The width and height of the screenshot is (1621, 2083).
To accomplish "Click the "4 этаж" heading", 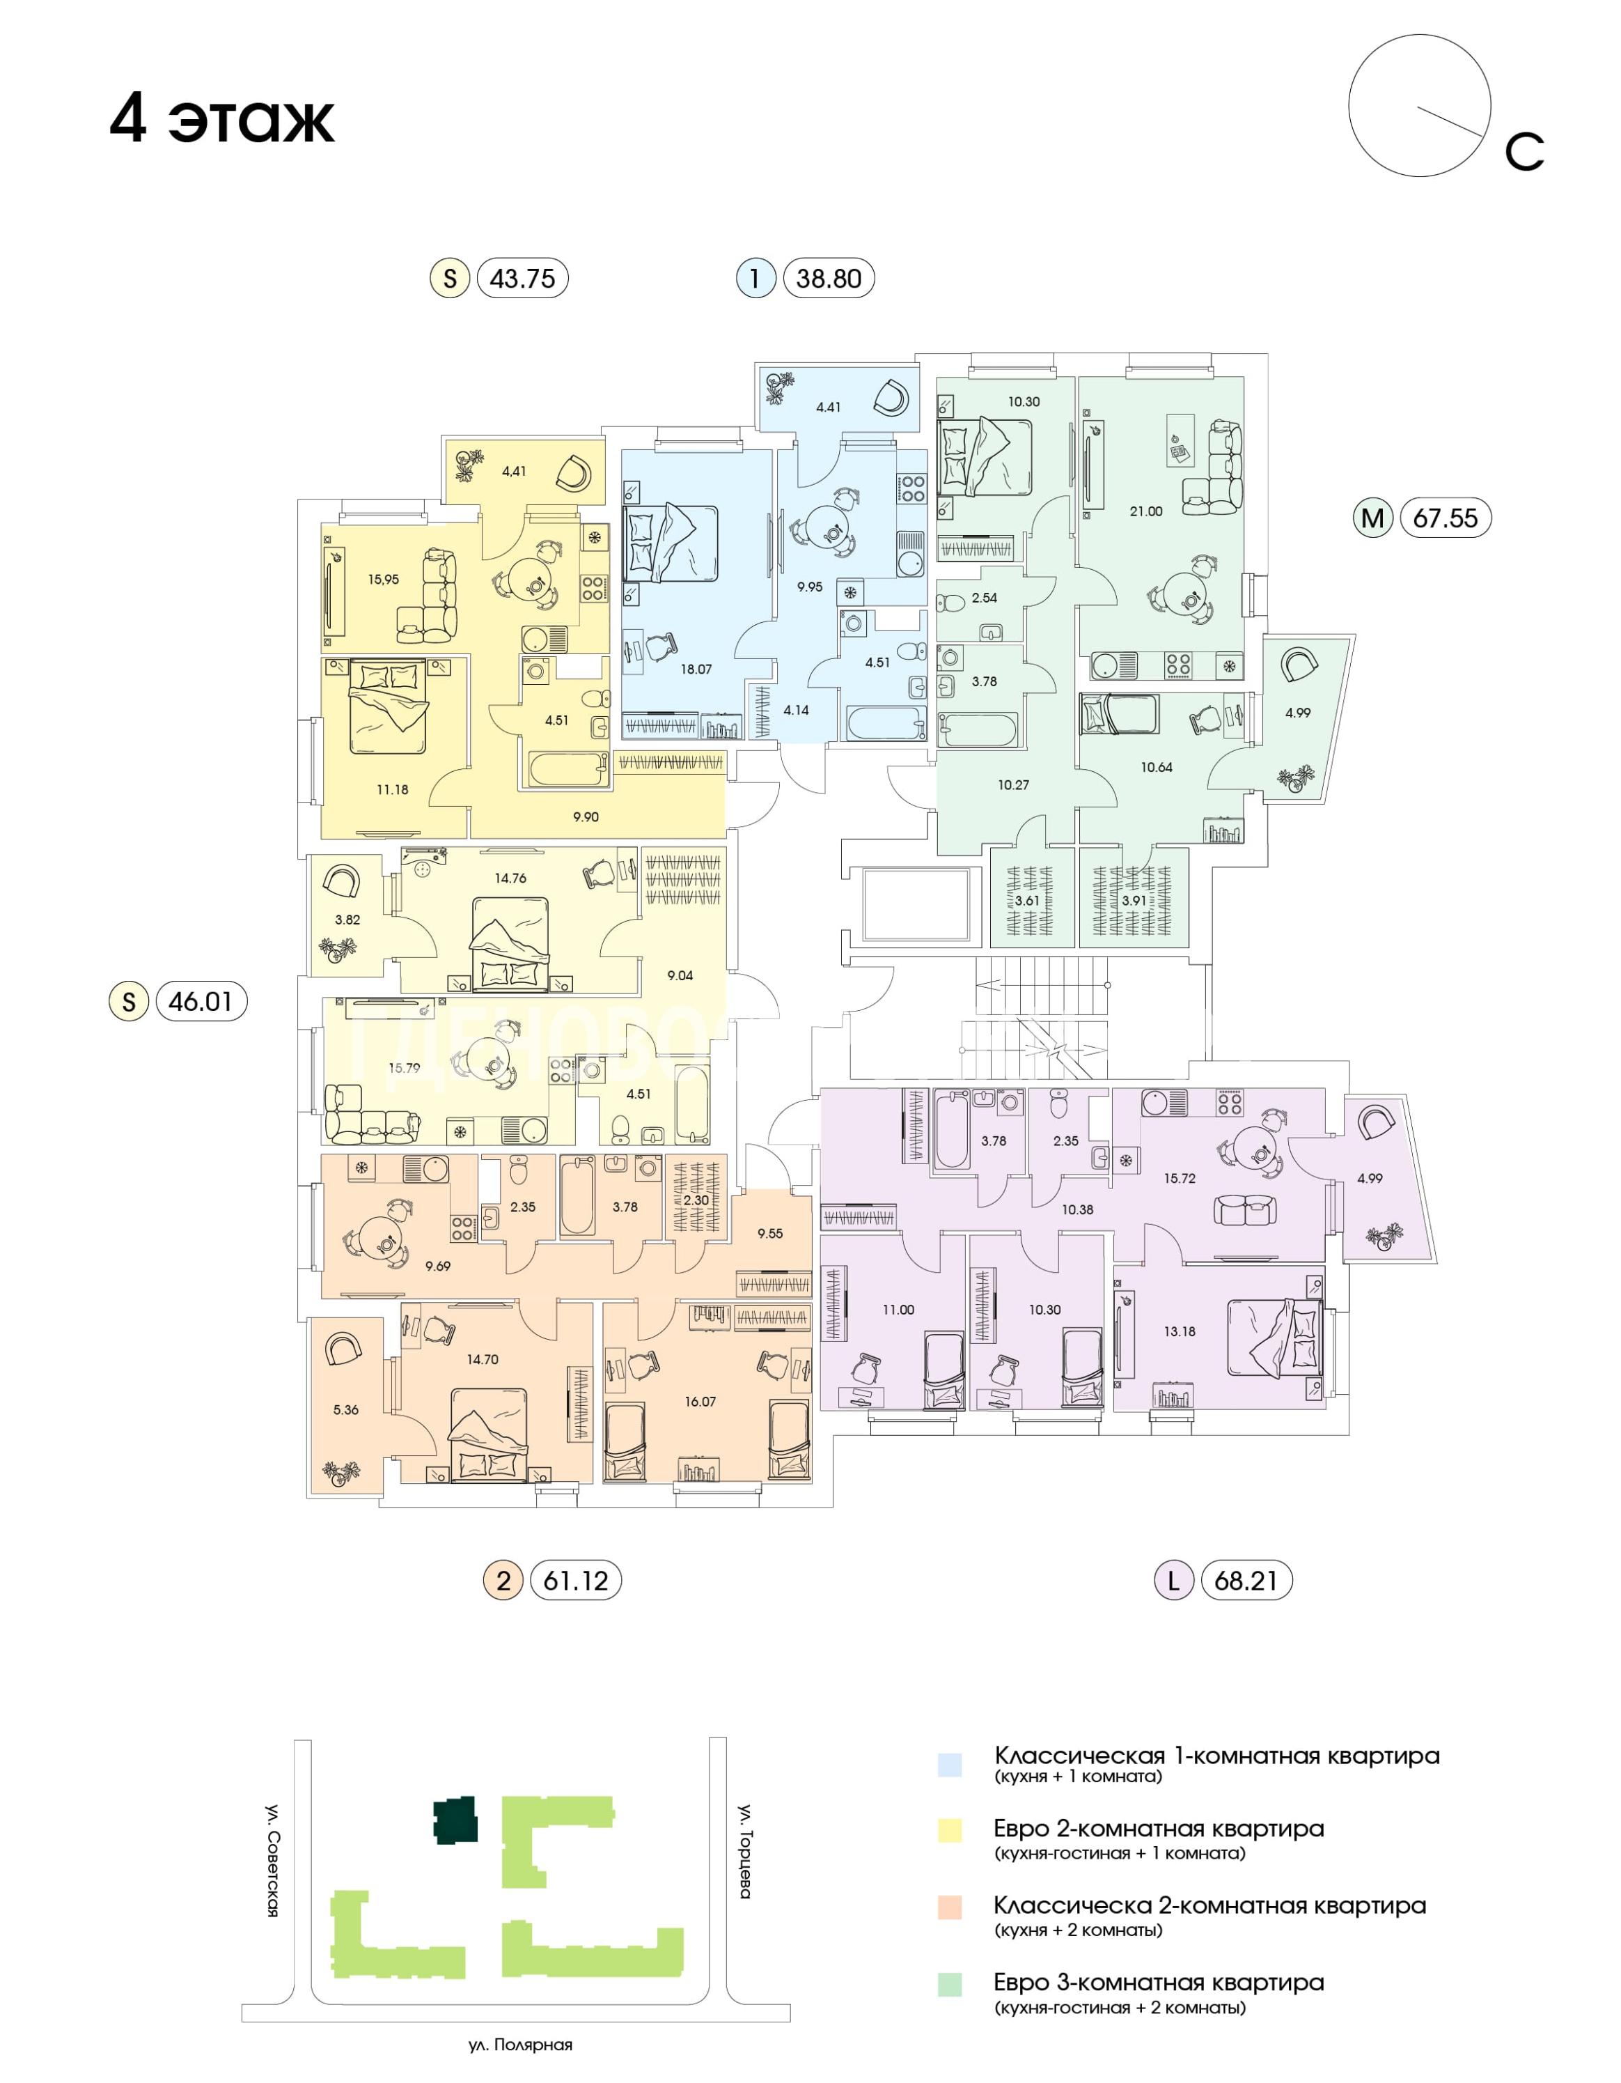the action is click(x=222, y=119).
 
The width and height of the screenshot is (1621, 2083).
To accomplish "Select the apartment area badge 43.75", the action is click(x=522, y=279).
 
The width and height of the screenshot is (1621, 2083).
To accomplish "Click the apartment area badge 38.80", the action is click(x=828, y=279).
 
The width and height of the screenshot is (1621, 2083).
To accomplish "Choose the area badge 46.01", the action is click(x=201, y=1002).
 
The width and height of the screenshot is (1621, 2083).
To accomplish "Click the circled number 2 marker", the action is click(x=503, y=1581).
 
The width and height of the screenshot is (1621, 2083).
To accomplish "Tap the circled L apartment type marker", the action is click(x=1174, y=1581).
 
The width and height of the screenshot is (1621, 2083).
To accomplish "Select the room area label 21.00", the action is click(x=1146, y=511).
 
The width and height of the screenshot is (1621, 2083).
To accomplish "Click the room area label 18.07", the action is click(x=696, y=669).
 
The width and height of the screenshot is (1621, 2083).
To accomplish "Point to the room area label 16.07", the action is click(x=700, y=1402).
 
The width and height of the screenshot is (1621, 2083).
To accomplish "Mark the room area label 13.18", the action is click(x=1180, y=1331).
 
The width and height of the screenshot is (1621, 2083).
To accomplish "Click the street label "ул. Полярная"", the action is click(x=521, y=2045).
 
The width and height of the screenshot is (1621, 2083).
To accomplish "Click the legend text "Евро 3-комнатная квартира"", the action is click(x=1159, y=1983).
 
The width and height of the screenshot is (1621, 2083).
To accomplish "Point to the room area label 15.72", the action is click(x=1180, y=1179).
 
